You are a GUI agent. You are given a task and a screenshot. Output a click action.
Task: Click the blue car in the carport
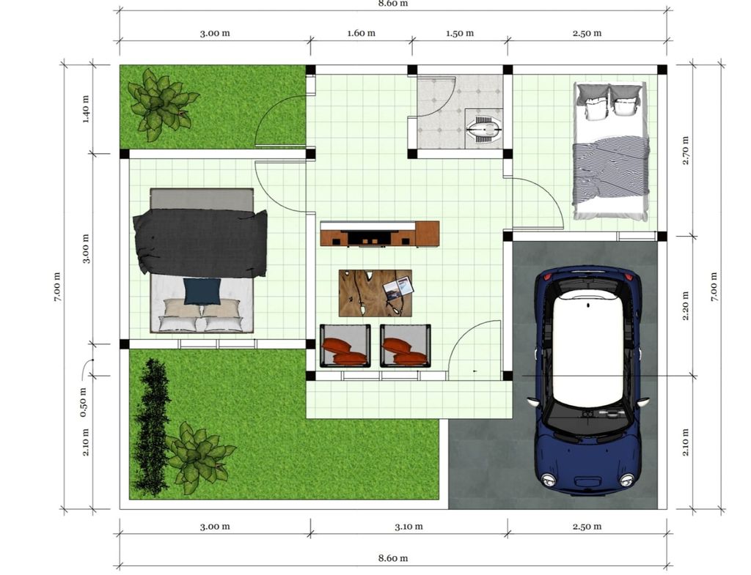coord(587,378)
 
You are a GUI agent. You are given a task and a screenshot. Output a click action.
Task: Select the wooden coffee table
coord(375,293)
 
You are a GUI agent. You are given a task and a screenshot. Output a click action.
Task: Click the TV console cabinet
coord(380,234)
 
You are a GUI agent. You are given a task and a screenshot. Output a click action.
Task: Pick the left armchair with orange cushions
coord(345,346)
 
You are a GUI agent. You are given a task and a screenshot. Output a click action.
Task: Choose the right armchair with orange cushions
coord(405,346)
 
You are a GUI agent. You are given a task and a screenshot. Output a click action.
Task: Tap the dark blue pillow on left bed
coord(202,292)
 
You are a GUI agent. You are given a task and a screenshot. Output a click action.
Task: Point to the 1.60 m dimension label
coord(361,33)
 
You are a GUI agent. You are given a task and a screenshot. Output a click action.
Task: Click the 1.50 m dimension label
coord(460,33)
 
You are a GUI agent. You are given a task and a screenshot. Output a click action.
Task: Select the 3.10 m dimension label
coord(409,527)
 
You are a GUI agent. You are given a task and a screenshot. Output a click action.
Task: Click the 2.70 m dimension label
coord(686,151)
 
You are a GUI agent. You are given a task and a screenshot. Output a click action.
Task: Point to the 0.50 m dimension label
coord(83,402)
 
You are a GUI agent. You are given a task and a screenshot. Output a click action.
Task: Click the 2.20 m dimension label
coord(686,305)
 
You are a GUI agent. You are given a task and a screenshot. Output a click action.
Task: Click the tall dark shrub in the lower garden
coord(152,427)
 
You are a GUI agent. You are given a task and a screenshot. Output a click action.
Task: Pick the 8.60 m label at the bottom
coord(393,558)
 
